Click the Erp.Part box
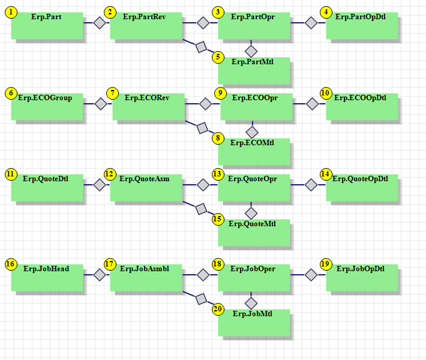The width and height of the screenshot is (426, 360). (47, 26)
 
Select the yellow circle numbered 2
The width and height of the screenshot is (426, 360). (110, 12)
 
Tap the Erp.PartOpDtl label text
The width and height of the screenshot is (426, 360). (360, 17)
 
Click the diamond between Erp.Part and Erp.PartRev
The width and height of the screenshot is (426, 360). (100, 23)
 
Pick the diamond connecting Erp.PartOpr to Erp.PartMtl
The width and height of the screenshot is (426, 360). (251, 51)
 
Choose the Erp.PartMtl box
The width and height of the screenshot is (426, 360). (254, 71)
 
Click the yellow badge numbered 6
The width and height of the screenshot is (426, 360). (11, 93)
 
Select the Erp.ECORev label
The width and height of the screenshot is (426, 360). (147, 98)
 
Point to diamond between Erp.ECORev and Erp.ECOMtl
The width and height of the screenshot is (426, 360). (202, 128)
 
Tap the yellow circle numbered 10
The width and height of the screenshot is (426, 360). (325, 93)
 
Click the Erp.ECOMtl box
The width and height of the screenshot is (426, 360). (254, 152)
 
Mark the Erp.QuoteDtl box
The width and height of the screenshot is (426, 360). (47, 188)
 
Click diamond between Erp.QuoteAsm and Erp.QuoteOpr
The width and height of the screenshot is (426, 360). (203, 185)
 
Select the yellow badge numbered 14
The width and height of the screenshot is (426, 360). (325, 174)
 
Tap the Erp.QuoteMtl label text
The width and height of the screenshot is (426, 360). (252, 224)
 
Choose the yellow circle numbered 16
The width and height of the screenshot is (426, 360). (11, 264)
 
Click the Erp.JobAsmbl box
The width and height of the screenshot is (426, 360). (146, 278)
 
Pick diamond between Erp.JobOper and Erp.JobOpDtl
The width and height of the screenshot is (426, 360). (311, 275)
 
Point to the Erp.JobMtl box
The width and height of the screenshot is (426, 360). (254, 323)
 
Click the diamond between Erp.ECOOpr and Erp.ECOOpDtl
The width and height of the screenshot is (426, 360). (312, 104)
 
